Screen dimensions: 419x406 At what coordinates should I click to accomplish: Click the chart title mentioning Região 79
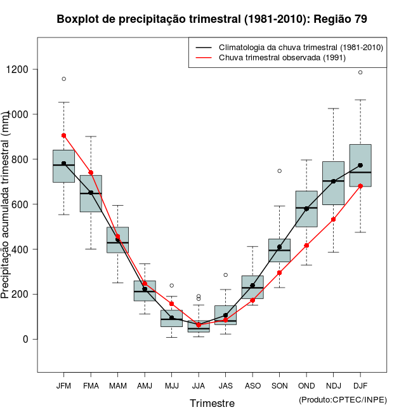tap(212, 19)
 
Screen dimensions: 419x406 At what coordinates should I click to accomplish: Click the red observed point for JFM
tap(63, 135)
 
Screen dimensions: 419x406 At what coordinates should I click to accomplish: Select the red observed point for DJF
tap(360, 186)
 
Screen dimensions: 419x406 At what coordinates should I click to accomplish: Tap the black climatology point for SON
tap(279, 247)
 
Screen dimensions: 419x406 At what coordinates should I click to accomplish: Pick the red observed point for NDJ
tap(333, 220)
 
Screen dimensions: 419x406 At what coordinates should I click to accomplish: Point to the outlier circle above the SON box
tap(279, 171)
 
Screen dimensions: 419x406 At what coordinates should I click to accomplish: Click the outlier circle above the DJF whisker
tap(360, 72)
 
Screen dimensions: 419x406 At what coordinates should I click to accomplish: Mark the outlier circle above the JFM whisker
tap(63, 79)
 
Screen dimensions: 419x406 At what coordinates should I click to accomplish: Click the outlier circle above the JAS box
tap(225, 275)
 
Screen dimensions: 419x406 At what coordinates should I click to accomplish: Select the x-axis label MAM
tap(117, 386)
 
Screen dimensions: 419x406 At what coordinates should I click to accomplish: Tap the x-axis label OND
tap(306, 386)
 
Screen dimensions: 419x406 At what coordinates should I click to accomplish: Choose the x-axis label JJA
tap(199, 386)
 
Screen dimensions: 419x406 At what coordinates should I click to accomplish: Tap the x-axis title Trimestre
tap(212, 403)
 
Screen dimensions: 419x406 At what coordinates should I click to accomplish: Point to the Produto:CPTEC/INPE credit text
tap(343, 399)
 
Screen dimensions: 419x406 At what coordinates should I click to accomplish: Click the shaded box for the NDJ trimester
tap(333, 183)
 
